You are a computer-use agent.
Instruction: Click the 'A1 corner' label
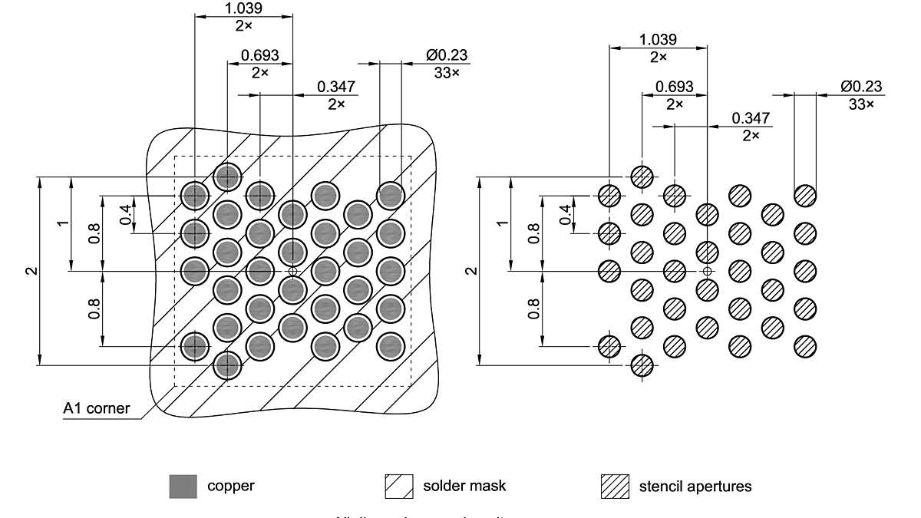click(96, 409)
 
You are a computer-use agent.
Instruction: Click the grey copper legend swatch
click(183, 486)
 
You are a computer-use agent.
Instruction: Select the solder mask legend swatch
click(399, 486)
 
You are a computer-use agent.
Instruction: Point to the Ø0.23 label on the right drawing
click(861, 86)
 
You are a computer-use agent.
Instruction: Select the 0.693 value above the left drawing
click(260, 56)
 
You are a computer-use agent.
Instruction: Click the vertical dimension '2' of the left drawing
click(30, 271)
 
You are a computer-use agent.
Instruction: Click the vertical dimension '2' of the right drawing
click(472, 271)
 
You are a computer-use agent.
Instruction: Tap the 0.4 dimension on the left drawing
click(125, 214)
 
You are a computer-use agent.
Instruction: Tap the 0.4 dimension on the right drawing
click(566, 214)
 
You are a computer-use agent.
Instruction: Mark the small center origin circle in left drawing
click(292, 271)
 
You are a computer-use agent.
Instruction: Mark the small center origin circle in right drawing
click(707, 271)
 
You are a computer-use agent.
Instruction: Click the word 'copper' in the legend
click(231, 486)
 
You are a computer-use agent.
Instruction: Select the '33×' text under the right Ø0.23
click(861, 104)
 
